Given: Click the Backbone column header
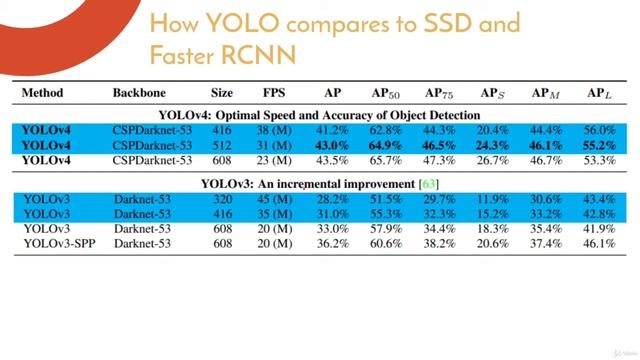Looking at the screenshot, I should (x=140, y=93).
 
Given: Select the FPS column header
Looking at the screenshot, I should (x=273, y=93).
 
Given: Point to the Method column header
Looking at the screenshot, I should (x=42, y=93).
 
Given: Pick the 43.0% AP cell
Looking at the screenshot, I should (x=332, y=144).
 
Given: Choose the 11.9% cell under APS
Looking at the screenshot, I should (x=492, y=200).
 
